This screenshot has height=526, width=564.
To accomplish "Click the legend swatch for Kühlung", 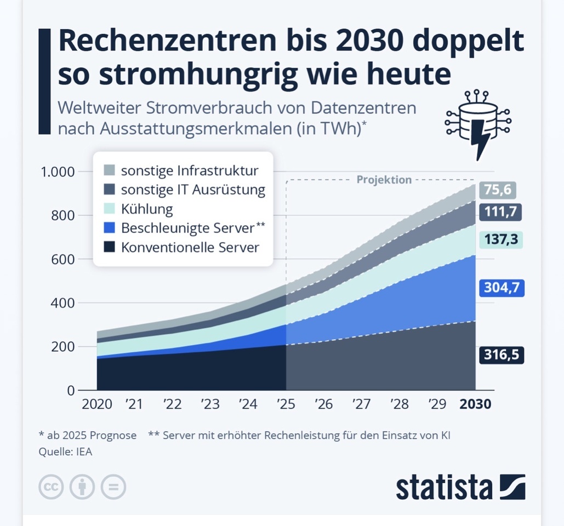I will (109, 209).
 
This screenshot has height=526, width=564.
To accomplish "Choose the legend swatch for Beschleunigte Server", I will (109, 227).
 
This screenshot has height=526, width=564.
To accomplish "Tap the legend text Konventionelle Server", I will (190, 247).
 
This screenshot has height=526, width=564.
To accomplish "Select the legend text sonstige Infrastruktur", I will (190, 170).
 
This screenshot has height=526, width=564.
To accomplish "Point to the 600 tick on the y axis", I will (62, 259).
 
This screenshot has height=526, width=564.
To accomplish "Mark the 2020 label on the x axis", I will (96, 404).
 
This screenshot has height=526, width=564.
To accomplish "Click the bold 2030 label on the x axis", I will (475, 404).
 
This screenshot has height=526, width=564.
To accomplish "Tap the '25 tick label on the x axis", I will (286, 404).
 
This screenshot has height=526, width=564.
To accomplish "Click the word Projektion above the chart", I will (384, 179).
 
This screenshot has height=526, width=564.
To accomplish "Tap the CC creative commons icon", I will (51, 486).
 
